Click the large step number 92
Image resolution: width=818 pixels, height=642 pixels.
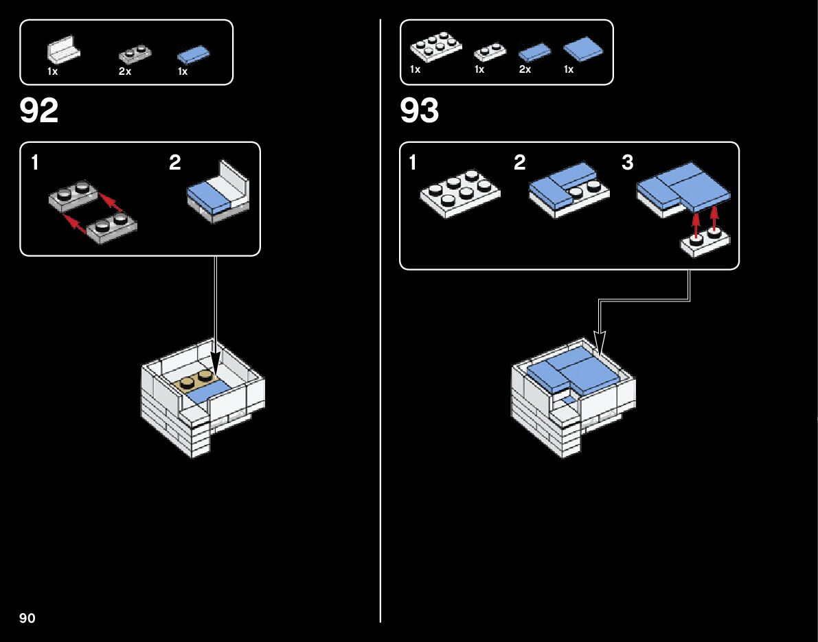[39, 111]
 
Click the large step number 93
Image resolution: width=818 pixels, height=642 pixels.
[419, 111]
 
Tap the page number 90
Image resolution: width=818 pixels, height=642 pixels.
[27, 618]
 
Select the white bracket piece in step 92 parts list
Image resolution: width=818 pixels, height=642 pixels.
[63, 50]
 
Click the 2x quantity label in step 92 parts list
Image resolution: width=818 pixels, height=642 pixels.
[124, 71]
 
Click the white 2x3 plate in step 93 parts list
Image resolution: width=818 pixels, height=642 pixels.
[436, 47]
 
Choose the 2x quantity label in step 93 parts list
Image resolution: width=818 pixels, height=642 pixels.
[525, 70]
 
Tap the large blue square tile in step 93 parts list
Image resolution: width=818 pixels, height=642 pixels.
[582, 47]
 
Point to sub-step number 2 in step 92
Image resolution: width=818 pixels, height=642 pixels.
[175, 163]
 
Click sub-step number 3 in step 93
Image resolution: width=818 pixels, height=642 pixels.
[627, 163]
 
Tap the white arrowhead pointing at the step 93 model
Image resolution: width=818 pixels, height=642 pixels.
[600, 343]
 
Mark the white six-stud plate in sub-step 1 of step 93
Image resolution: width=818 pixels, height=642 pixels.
[460, 193]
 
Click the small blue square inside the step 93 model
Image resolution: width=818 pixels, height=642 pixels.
[569, 399]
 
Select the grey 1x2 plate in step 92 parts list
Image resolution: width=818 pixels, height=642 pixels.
[135, 53]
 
